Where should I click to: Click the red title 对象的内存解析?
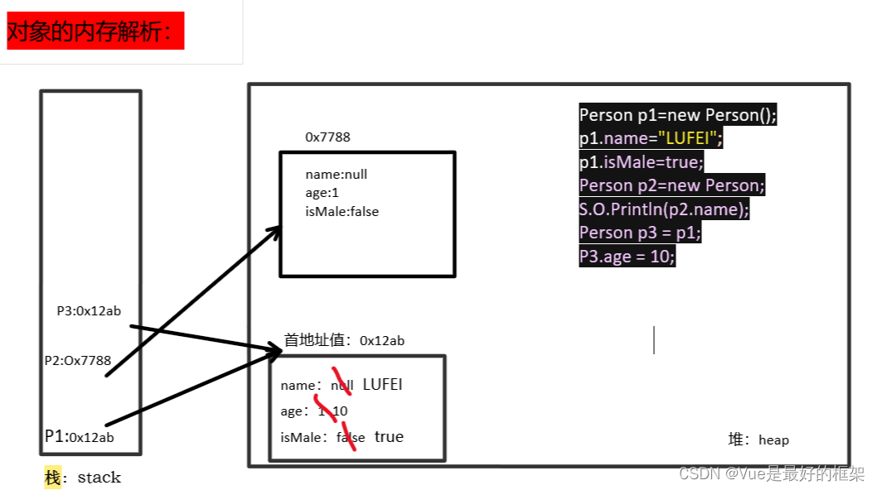pyautogui.click(x=95, y=31)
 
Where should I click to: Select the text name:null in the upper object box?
pyautogui.click(x=336, y=175)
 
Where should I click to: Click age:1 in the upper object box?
pyautogui.click(x=323, y=193)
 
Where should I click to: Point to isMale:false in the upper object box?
pyautogui.click(x=342, y=211)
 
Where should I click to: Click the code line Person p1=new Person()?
pyautogui.click(x=677, y=115)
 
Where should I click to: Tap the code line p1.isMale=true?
pyautogui.click(x=641, y=161)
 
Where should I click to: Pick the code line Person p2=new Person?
pyautogui.click(x=671, y=185)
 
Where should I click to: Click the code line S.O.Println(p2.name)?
pyautogui.click(x=663, y=209)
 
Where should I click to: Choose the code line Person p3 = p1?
pyautogui.click(x=640, y=233)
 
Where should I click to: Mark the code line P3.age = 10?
pyautogui.click(x=627, y=257)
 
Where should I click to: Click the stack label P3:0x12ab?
pyautogui.click(x=89, y=311)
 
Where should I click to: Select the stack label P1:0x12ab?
pyautogui.click(x=80, y=437)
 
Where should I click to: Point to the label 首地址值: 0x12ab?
pyautogui.click(x=344, y=340)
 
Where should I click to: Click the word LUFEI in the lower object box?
pyautogui.click(x=382, y=385)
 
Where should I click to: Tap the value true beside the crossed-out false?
pyautogui.click(x=389, y=437)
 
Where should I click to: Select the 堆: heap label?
pyautogui.click(x=758, y=440)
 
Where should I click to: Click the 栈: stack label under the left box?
pyautogui.click(x=83, y=478)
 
